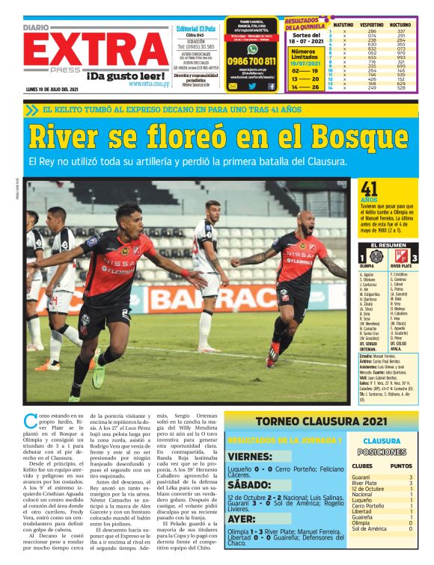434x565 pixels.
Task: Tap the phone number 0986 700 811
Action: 252,61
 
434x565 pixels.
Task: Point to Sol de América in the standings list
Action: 369,528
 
